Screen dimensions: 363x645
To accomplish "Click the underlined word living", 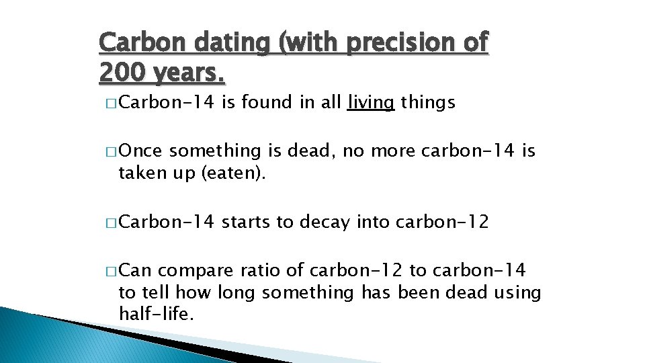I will tap(371, 103).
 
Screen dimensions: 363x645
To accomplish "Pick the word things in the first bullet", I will tap(428, 103).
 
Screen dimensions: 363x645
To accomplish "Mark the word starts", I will tap(247, 221).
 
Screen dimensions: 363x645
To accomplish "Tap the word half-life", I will tap(155, 313).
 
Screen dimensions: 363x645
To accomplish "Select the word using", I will tap(517, 292).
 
